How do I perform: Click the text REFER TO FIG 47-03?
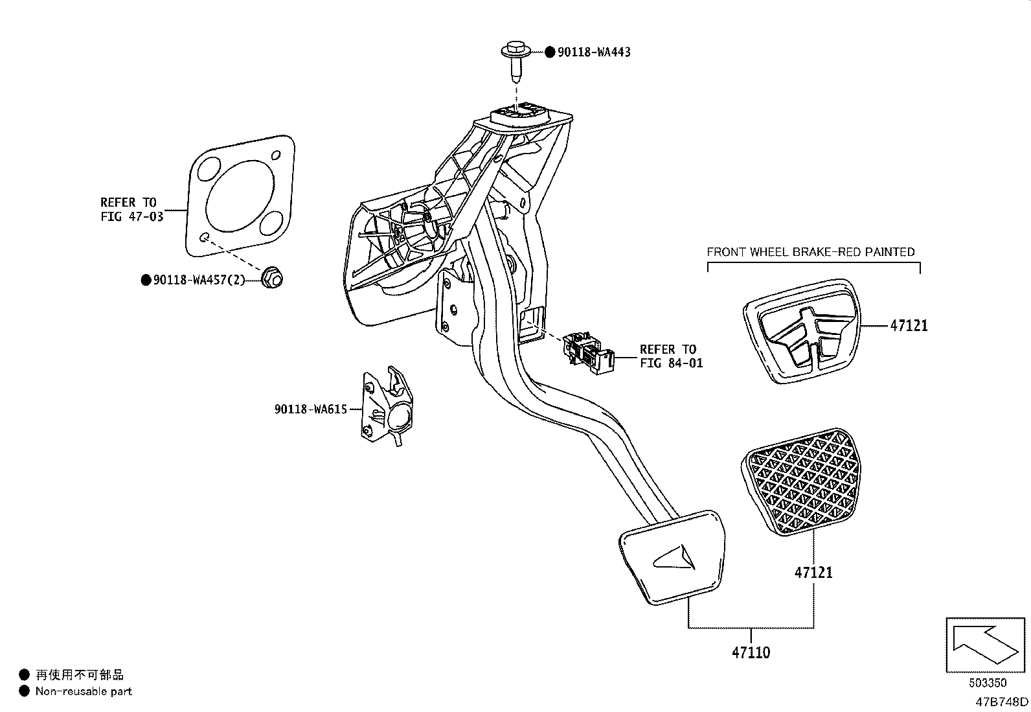click(131, 209)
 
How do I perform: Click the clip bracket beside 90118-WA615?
click(387, 407)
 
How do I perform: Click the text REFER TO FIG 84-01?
click(670, 356)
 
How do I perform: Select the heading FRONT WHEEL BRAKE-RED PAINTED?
click(810, 251)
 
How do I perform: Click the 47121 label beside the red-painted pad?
click(908, 326)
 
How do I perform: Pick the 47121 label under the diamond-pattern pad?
click(813, 572)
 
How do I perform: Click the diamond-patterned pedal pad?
click(801, 482)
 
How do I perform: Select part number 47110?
click(751, 652)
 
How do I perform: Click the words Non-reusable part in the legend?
click(84, 691)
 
